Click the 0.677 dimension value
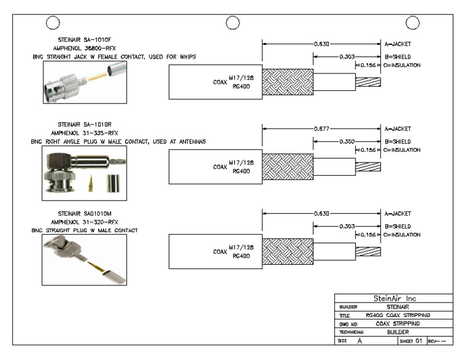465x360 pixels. point(322,129)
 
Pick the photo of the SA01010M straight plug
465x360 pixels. point(85,260)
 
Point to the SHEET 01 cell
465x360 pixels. point(409,342)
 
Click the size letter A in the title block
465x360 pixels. point(360,342)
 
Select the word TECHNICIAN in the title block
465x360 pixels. point(351,333)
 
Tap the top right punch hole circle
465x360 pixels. point(413,23)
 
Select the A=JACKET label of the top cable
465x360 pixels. point(398,44)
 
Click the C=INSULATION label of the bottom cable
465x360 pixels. point(402,234)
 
